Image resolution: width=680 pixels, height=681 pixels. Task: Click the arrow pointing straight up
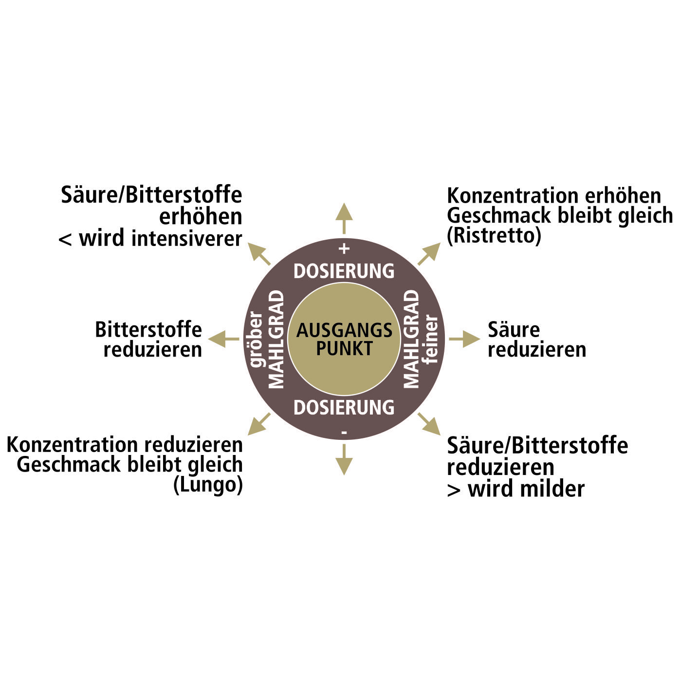click(x=344, y=218)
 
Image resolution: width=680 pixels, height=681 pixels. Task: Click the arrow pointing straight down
click(x=344, y=460)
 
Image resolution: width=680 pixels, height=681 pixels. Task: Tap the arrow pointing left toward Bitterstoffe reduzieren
click(x=223, y=339)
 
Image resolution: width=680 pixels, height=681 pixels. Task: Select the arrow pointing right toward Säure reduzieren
click(x=464, y=339)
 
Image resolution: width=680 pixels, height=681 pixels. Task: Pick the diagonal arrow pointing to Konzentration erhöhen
click(x=429, y=254)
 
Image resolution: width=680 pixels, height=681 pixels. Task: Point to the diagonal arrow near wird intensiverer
click(x=259, y=254)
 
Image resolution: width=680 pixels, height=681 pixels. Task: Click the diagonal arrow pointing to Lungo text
click(x=259, y=424)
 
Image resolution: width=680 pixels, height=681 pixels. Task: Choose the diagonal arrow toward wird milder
click(x=429, y=424)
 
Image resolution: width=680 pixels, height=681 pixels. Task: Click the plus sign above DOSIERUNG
click(x=344, y=249)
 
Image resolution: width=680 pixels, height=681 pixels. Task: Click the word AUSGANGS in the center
click(x=344, y=330)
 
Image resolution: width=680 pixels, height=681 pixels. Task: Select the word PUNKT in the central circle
click(x=344, y=348)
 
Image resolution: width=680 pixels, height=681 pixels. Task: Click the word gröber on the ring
click(x=256, y=339)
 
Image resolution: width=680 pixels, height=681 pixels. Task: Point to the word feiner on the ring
click(x=431, y=339)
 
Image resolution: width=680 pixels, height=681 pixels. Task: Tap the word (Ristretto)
click(x=494, y=236)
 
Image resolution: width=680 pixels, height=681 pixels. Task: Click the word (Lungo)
click(x=208, y=485)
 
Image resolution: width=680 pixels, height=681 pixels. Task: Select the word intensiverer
click(x=186, y=238)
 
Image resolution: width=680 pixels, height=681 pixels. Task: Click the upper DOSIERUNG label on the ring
click(x=344, y=271)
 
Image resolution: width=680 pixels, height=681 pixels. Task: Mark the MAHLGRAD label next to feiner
click(x=411, y=339)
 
